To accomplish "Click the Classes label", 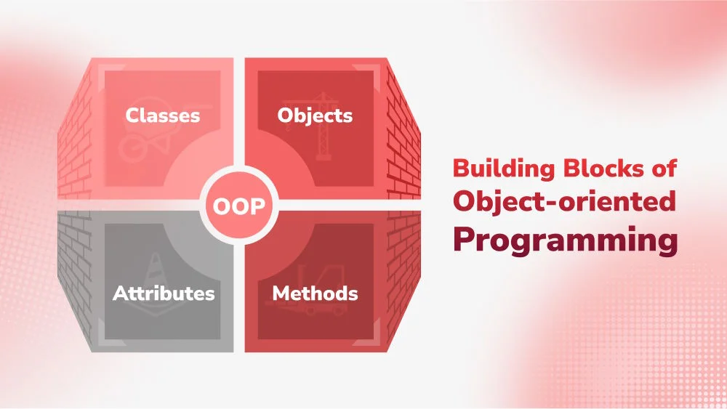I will (x=162, y=116).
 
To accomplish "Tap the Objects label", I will (x=315, y=116).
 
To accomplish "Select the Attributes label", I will (x=164, y=293).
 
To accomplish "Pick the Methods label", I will (x=315, y=293).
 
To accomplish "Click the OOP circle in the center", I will (x=238, y=206).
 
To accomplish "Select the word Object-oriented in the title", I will (x=564, y=202).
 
